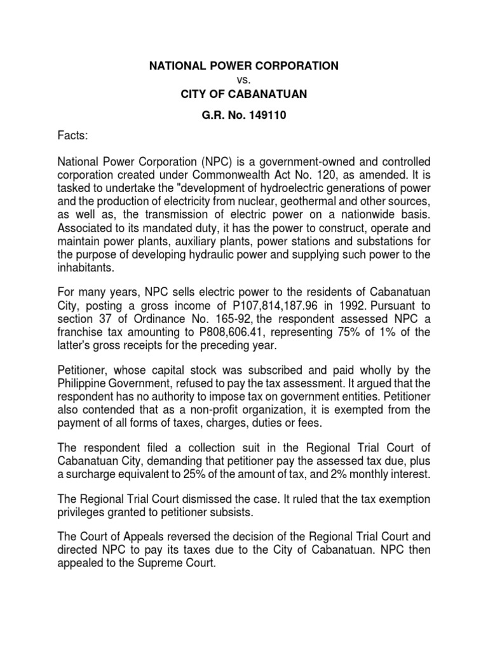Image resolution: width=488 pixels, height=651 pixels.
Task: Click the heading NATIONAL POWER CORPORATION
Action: [244, 65]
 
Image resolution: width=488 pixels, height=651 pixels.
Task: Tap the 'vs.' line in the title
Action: [244, 81]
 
